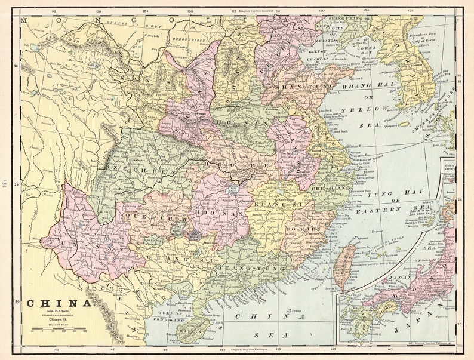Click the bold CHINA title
60,303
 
